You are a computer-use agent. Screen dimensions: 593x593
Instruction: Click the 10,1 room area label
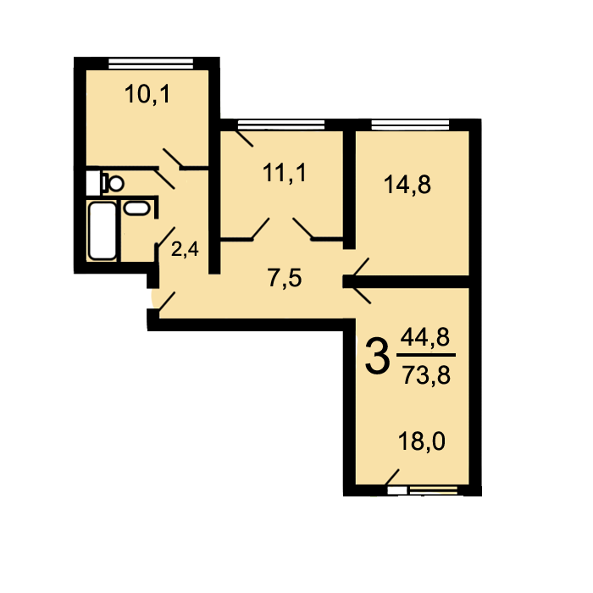click(147, 94)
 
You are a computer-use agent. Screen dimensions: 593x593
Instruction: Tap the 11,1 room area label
click(284, 173)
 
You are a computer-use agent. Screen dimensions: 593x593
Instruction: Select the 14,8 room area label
click(407, 185)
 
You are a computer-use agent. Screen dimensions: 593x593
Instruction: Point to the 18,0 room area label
click(422, 441)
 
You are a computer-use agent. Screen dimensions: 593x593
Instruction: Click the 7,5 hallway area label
click(285, 278)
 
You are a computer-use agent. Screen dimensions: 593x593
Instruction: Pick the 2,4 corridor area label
click(185, 250)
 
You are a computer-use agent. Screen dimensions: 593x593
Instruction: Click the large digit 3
click(378, 357)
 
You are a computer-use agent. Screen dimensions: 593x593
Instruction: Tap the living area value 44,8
click(425, 337)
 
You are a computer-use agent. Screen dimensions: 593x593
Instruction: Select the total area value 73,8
click(426, 375)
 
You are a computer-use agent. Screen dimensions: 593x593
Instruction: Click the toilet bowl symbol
click(113, 184)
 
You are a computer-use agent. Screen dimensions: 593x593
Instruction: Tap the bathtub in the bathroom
click(103, 230)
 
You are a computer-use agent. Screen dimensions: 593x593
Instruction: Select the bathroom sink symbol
click(137, 208)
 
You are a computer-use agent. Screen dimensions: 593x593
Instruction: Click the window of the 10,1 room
click(151, 64)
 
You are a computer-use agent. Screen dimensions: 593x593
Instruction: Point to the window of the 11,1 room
click(281, 125)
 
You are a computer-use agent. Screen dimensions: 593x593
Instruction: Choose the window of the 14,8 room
click(410, 125)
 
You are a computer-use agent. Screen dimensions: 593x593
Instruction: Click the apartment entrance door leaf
click(167, 302)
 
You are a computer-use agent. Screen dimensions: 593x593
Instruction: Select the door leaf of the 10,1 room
click(172, 158)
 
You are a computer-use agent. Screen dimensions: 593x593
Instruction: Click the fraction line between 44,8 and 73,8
click(426, 355)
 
